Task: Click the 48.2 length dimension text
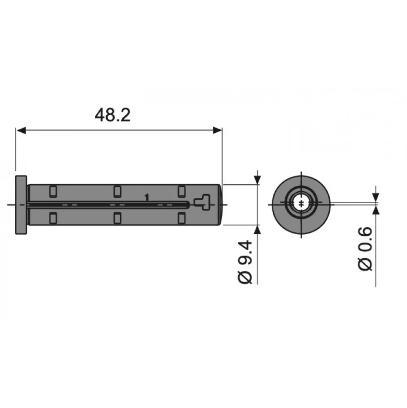point(113,115)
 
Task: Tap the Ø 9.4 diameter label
point(245,262)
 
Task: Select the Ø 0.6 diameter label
point(365,249)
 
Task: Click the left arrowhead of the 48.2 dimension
point(21,130)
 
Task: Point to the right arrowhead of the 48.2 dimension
point(217,130)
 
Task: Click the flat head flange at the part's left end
point(21,205)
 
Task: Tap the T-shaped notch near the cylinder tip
point(202,203)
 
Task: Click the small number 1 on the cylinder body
point(147,198)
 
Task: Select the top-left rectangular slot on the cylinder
point(53,192)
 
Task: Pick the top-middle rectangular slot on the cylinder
point(118,192)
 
